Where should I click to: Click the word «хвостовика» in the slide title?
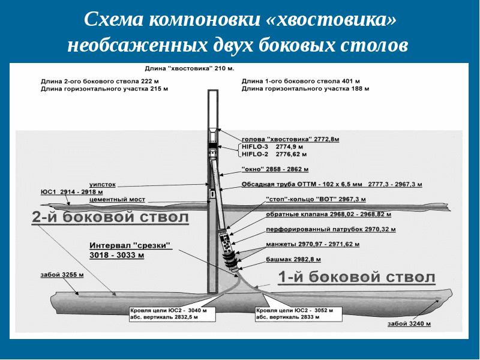[331, 20]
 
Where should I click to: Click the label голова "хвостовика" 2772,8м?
[290, 139]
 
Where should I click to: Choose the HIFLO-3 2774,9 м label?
[273, 146]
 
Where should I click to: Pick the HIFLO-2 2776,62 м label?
[275, 154]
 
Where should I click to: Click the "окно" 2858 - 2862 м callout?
[275, 170]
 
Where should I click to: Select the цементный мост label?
[117, 199]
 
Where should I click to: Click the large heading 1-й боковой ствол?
[356, 278]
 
